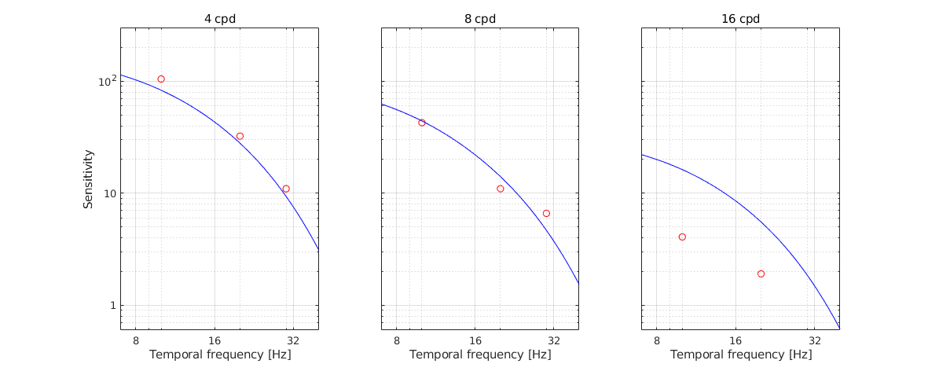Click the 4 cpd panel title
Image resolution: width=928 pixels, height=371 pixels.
[219, 19]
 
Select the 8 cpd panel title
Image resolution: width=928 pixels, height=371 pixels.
[480, 19]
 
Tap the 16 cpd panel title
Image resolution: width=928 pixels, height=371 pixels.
[741, 19]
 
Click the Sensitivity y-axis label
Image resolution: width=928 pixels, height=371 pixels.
[89, 178]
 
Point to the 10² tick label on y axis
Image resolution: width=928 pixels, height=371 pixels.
[105, 81]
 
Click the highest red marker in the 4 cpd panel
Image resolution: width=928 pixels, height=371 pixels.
[161, 79]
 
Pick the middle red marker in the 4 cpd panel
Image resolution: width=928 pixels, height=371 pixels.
[240, 136]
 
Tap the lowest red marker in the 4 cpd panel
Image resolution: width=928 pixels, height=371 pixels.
[286, 189]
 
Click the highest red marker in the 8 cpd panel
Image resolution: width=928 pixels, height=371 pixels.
[422, 123]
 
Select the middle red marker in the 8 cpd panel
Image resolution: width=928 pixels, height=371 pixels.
[501, 189]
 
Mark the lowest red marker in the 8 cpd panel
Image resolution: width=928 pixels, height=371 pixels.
[546, 213]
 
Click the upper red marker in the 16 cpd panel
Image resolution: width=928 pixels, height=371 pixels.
[682, 237]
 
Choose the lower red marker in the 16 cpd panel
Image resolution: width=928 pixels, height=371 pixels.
[761, 274]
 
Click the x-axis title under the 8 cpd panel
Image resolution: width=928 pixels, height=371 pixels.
[480, 355]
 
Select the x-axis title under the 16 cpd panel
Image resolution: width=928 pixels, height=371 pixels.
[741, 355]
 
